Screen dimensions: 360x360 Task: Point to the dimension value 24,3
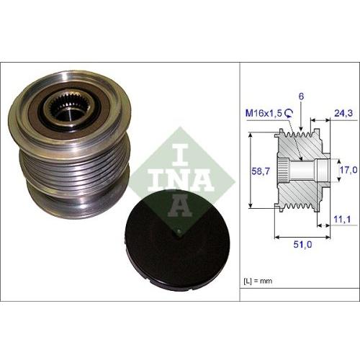(x=344, y=112)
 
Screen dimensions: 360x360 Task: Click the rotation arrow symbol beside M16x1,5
(x=288, y=112)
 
